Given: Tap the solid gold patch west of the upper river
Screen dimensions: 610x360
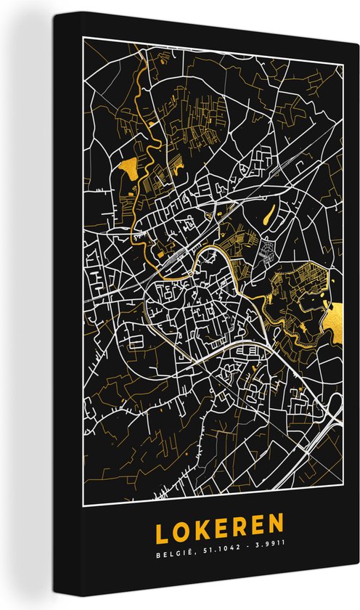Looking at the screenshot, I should point(128,170).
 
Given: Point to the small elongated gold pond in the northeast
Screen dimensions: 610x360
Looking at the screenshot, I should point(270,215).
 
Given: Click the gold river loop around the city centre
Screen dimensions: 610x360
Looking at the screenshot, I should point(218,254).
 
